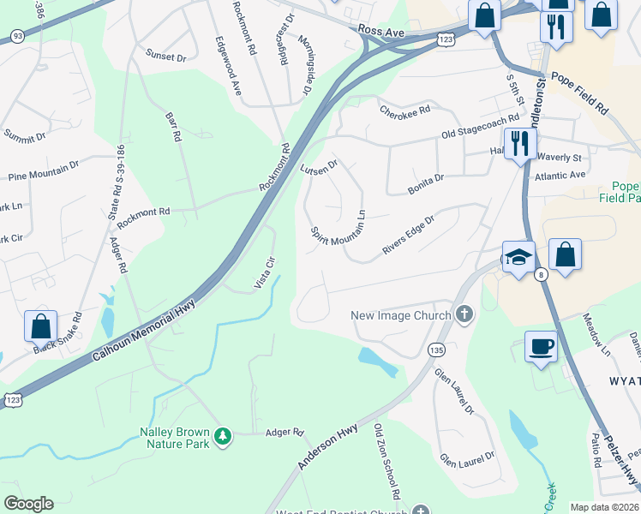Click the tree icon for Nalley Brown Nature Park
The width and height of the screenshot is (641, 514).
click(x=223, y=436)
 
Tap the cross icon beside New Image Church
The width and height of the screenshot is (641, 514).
click(x=464, y=314)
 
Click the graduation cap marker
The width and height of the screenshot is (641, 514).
click(x=518, y=256)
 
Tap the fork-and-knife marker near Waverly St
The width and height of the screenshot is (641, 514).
click(x=518, y=144)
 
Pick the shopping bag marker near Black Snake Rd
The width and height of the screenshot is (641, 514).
click(x=40, y=327)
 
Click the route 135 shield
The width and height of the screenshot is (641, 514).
click(x=436, y=350)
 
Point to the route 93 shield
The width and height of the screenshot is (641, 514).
click(x=18, y=35)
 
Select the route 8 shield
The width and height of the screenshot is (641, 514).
click(x=541, y=275)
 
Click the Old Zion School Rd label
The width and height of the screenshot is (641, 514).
click(x=386, y=461)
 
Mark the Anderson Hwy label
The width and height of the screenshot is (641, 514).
click(x=327, y=445)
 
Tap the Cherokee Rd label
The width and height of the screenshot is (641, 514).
click(x=404, y=111)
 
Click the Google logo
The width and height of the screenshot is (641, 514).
click(x=29, y=504)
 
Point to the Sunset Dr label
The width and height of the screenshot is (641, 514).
click(x=165, y=57)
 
